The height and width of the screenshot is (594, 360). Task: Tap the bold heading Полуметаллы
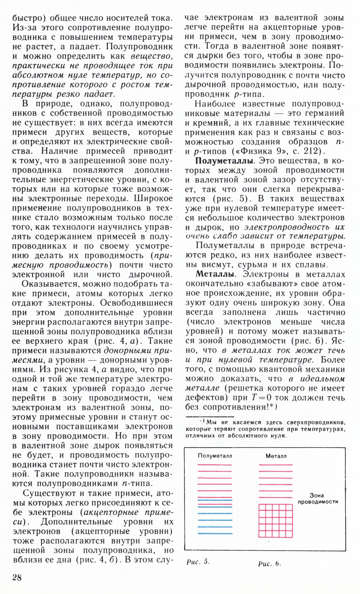tap(224, 161)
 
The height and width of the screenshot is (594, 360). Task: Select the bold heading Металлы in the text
tap(214, 274)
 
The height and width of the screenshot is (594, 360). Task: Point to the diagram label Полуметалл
tap(215, 456)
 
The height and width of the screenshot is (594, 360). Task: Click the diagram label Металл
tap(276, 456)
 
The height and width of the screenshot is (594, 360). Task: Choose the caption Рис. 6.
tap(269, 563)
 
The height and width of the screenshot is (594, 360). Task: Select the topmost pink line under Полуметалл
tap(215, 464)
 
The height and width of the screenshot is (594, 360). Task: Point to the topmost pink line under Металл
tap(276, 464)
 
